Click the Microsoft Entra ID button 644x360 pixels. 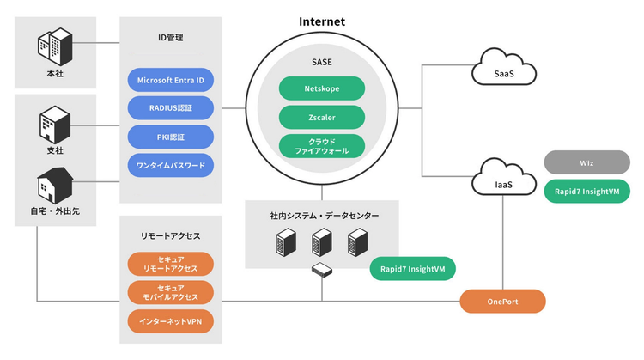click(170, 80)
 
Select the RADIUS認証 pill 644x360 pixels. click(170, 107)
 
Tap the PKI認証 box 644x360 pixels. click(170, 136)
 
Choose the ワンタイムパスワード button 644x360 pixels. click(170, 164)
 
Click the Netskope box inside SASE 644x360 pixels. click(322, 88)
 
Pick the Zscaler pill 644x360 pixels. click(322, 116)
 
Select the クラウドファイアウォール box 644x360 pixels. click(322, 144)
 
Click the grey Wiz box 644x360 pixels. click(586, 162)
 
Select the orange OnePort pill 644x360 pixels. click(502, 302)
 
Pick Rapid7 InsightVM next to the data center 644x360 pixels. click(413, 269)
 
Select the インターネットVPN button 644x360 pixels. click(170, 322)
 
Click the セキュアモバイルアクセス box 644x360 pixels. click(170, 293)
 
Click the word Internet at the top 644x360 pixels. click(322, 21)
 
